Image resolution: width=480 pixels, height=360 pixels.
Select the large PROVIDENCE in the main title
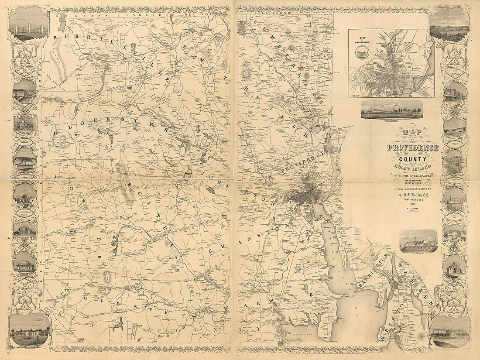412,147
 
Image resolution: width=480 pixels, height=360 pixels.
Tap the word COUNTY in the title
412,159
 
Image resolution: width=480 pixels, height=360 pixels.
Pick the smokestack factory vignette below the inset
391,110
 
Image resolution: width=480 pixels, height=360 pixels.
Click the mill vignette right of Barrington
418,241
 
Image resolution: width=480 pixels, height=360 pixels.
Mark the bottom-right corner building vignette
449,332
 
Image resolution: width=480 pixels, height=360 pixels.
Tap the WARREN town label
415,284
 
